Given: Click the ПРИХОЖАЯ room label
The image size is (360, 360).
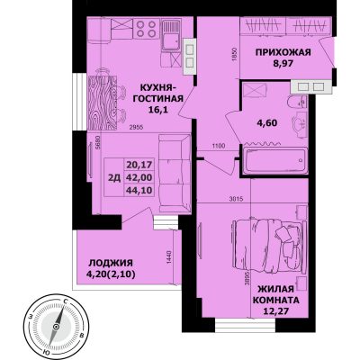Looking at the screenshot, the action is (x=283, y=52).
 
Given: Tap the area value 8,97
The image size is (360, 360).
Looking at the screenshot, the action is (x=283, y=63).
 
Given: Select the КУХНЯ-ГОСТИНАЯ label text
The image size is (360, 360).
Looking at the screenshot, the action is (x=158, y=94).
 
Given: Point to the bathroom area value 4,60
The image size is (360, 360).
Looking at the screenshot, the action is (x=266, y=122).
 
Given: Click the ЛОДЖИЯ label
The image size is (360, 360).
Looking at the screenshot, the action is (x=111, y=263).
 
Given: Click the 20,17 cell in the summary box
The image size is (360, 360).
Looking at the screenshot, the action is (x=139, y=165).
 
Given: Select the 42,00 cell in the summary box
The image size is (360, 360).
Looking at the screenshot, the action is (x=139, y=177).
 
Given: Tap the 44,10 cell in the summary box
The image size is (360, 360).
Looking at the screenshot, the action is (x=139, y=190).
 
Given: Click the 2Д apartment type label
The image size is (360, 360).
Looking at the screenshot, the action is (x=114, y=178).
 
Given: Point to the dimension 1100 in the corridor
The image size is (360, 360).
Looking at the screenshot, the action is (x=219, y=147).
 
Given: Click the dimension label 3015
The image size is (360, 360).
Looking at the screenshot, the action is (x=236, y=198).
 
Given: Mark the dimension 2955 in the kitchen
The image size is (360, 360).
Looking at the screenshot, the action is (x=136, y=127).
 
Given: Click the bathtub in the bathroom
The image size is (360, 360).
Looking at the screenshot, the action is (x=275, y=161).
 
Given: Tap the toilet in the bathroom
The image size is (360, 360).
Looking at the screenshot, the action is (x=297, y=103).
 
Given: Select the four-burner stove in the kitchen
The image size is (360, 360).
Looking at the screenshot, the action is (x=146, y=28).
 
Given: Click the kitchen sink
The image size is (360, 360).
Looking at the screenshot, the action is (x=171, y=35).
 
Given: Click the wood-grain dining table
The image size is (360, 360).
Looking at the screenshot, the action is (x=102, y=103).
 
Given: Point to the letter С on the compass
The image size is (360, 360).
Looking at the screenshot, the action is (x=65, y=301).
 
